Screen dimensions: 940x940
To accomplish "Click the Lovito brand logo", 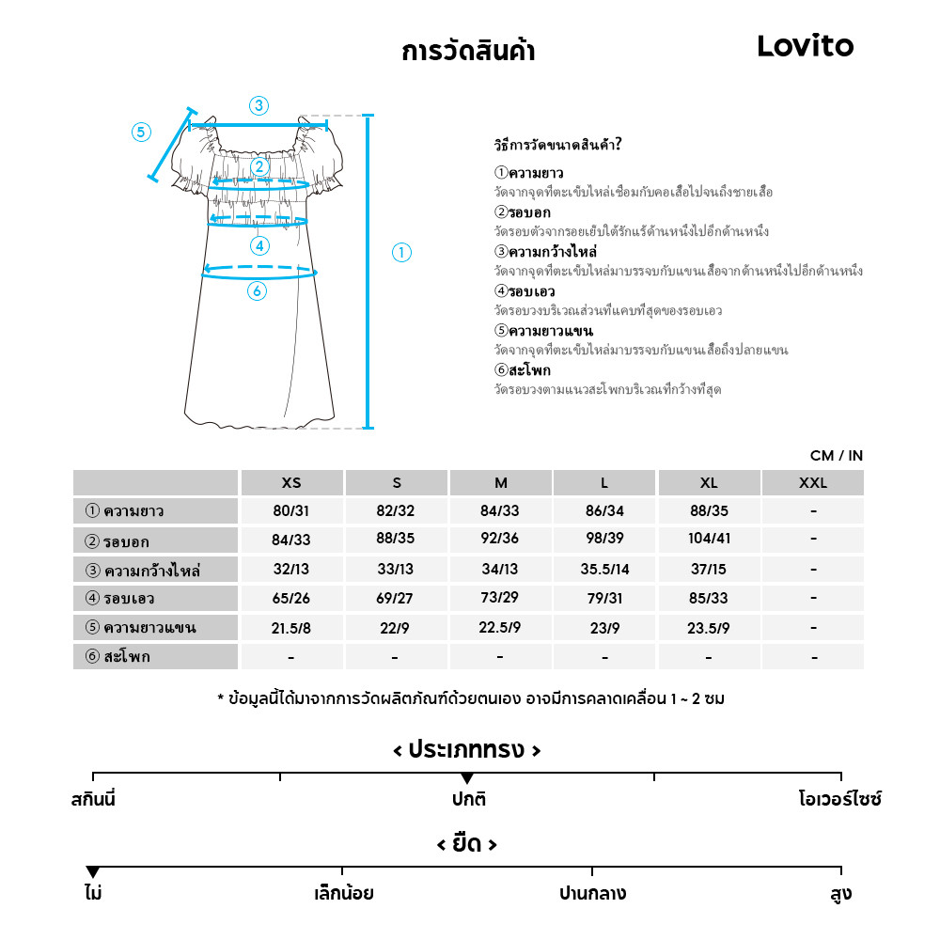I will click(806, 47).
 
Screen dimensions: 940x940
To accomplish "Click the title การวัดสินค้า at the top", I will click(468, 51).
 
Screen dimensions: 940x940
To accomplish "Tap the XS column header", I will click(291, 483).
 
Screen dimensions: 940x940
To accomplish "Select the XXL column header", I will click(812, 483).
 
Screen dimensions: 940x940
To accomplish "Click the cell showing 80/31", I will click(291, 511).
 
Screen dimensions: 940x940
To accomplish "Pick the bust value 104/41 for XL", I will click(709, 540).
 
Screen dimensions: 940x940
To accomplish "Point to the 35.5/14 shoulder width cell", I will click(604, 570).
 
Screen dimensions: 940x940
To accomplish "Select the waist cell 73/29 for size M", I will click(500, 599).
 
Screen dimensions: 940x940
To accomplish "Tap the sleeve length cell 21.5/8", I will click(291, 628).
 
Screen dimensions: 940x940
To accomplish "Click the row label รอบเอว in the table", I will click(129, 599).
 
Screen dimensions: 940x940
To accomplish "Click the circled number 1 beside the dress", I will click(401, 252).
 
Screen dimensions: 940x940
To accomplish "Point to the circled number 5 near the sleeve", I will click(141, 132).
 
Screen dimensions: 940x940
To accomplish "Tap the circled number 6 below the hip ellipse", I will click(258, 291).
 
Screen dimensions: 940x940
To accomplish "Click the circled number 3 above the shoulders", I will click(258, 105).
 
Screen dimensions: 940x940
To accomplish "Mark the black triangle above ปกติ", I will click(467, 778).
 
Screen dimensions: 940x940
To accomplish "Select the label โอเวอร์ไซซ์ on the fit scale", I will click(840, 800).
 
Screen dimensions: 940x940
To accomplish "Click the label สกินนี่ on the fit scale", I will click(93, 800).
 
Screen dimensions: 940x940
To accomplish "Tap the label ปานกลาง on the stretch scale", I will click(592, 893).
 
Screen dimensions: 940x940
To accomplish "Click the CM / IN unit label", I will click(836, 456).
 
